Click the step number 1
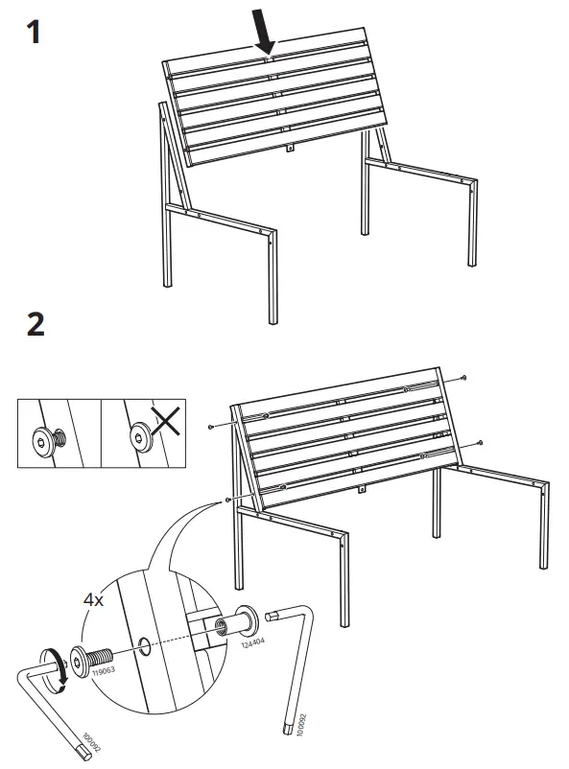pyautogui.click(x=34, y=32)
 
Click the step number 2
pyautogui.click(x=36, y=324)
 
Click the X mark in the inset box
pyautogui.click(x=166, y=421)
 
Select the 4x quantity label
pyautogui.click(x=93, y=599)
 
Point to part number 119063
pyautogui.click(x=104, y=670)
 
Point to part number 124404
pyautogui.click(x=252, y=643)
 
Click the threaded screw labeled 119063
pyautogui.click(x=91, y=659)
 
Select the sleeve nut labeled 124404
pyautogui.click(x=239, y=622)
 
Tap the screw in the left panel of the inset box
pyautogui.click(x=48, y=439)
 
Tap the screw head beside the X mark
pyautogui.click(x=141, y=435)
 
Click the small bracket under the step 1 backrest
pyautogui.click(x=290, y=147)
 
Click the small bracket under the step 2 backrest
pyautogui.click(x=363, y=489)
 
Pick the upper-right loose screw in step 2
pyautogui.click(x=463, y=377)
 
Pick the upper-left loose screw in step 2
pyautogui.click(x=211, y=428)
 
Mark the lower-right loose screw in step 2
pyautogui.click(x=480, y=443)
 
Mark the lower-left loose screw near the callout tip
pyautogui.click(x=227, y=500)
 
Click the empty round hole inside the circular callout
pyautogui.click(x=145, y=646)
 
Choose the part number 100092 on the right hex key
pyautogui.click(x=302, y=724)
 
